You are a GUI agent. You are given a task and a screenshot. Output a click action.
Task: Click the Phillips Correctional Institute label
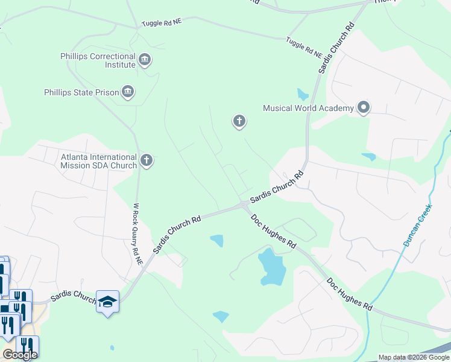(x=98, y=61)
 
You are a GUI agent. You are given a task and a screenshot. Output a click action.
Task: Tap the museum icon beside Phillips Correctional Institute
(x=145, y=60)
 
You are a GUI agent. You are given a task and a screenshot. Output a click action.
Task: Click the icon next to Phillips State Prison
(x=128, y=92)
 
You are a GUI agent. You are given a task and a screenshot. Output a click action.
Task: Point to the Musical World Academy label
(x=307, y=109)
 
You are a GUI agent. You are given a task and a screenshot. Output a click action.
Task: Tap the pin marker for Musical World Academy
(x=363, y=108)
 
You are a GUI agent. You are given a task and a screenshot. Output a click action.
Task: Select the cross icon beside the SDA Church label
(x=146, y=160)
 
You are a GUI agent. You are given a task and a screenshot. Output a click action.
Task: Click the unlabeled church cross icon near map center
(x=239, y=122)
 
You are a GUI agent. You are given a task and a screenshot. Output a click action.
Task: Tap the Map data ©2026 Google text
(x=414, y=357)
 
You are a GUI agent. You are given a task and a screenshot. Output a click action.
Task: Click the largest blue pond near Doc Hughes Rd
(x=271, y=267)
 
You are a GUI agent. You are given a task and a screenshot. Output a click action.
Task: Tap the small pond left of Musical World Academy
(x=303, y=94)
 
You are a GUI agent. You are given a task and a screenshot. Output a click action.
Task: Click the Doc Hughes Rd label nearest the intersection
(x=274, y=232)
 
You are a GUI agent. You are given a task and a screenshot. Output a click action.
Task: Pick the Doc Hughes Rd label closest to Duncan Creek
(x=350, y=294)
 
